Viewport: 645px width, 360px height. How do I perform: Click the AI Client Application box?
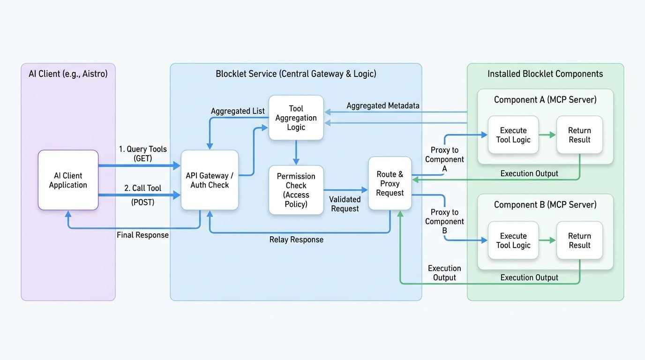pos(68,180)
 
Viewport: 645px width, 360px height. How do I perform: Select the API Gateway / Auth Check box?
pos(210,180)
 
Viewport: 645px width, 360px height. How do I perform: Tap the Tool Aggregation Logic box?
pos(296,118)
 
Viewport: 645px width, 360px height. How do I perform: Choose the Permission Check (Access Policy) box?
pos(296,190)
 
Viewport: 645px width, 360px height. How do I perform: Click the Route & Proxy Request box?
pos(390,183)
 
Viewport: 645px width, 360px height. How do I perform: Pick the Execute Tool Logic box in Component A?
pos(513,135)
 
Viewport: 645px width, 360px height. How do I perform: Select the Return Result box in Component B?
pos(579,240)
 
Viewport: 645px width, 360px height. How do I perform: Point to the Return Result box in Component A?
pos(579,135)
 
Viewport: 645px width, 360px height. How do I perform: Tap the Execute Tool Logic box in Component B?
pos(513,240)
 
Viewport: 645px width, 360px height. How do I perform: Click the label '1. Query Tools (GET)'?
pos(142,154)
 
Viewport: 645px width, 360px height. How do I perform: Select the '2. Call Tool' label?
pos(142,188)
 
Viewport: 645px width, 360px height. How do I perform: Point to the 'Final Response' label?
pos(142,235)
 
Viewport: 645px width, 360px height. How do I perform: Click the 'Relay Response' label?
pos(296,240)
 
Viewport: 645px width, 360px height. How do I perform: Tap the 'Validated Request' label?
pos(345,204)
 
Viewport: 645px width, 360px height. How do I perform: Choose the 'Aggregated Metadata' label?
pos(383,106)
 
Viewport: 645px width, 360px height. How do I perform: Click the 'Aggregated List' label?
pos(238,111)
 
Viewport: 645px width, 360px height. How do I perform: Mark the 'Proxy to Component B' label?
pos(444,221)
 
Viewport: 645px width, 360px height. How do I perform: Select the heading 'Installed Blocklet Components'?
pos(545,74)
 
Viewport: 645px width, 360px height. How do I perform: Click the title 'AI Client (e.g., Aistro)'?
pos(68,74)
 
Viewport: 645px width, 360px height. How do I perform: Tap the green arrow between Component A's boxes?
pos(547,135)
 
